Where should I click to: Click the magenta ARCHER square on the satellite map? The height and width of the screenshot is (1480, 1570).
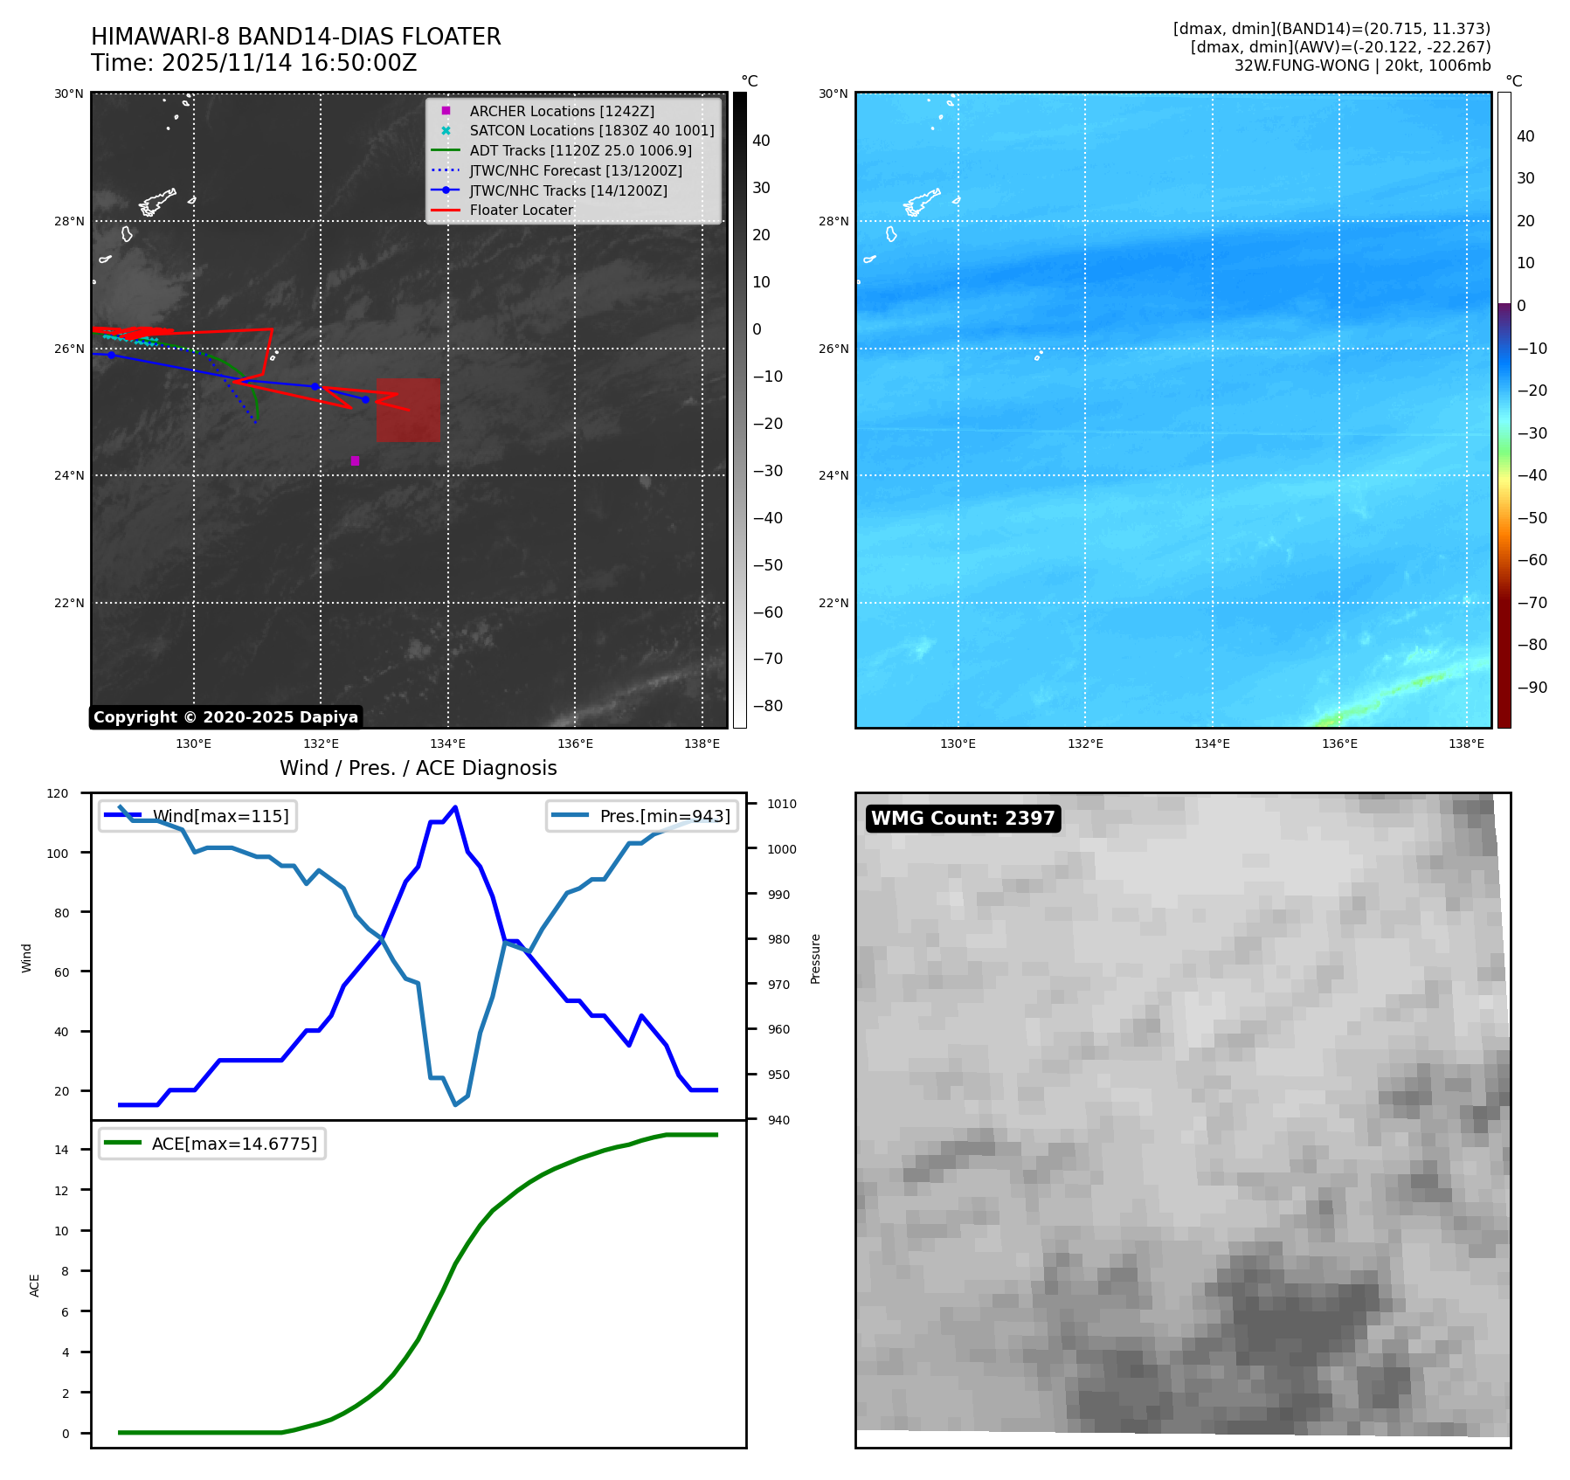coord(355,460)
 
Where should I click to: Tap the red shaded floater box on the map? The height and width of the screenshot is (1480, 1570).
coord(408,410)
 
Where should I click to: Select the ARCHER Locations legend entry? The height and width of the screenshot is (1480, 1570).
coord(561,111)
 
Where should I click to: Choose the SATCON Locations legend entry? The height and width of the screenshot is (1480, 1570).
coord(591,131)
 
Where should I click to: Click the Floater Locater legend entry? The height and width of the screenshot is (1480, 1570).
coord(521,211)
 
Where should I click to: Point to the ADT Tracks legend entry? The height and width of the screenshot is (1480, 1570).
coord(580,151)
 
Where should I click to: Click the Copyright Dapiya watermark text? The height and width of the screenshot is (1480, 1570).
coord(225,717)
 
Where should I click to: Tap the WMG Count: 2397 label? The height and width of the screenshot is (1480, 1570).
coord(963,819)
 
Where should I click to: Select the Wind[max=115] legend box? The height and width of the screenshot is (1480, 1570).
coord(197,816)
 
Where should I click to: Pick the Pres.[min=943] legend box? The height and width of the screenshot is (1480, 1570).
coord(641,816)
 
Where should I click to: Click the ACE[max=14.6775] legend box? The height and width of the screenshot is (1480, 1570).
coord(212,1144)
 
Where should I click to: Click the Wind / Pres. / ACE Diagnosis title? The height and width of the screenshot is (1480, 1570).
coord(418,768)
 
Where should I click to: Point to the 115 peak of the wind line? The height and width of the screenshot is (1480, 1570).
coord(455,807)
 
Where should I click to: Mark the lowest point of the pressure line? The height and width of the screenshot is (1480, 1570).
coord(455,1105)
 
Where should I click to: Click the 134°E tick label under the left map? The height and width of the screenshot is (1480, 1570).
coord(447,744)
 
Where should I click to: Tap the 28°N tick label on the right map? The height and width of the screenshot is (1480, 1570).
coord(833,221)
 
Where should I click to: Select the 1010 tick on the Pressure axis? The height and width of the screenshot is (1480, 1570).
coord(782,804)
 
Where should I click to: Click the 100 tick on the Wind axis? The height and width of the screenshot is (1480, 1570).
coord(58,854)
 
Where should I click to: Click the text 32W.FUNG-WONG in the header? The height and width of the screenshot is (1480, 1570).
coord(1302,66)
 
